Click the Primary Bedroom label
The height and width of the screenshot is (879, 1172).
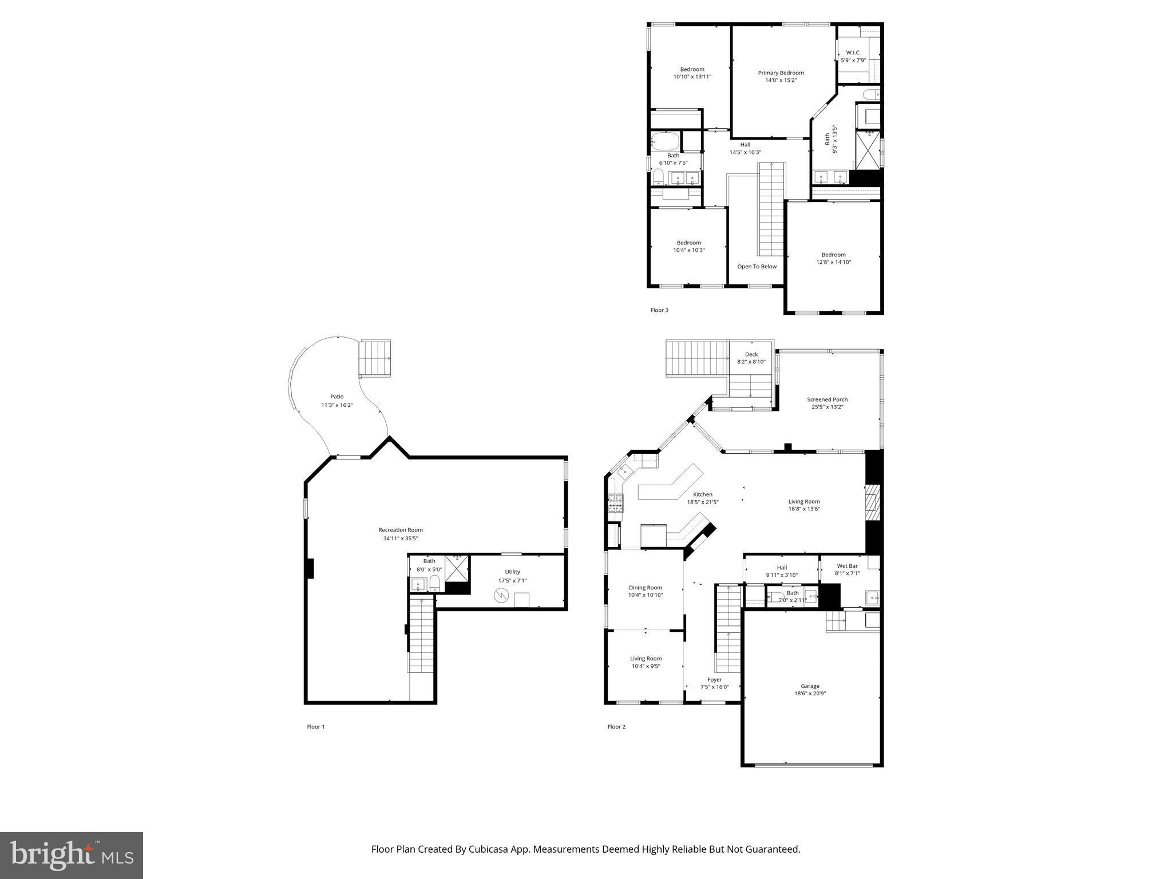click(781, 73)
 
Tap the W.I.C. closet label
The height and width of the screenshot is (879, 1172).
click(853, 53)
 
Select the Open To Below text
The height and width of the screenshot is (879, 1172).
click(757, 267)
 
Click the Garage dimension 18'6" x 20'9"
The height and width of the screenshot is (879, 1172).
click(810, 693)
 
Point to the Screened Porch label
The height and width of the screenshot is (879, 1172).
click(827, 399)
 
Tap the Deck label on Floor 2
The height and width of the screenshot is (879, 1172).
click(751, 354)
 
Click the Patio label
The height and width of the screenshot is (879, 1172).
click(336, 397)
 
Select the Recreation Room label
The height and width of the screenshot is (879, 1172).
click(400, 530)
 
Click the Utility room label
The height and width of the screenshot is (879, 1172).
click(512, 572)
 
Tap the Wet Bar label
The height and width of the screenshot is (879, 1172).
click(847, 566)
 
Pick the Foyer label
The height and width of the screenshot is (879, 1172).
click(714, 680)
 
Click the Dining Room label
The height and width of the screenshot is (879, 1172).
click(645, 588)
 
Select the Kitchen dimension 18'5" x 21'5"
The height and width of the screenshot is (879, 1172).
click(702, 502)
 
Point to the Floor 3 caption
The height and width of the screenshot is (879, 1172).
click(659, 310)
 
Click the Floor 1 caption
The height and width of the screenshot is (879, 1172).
click(315, 727)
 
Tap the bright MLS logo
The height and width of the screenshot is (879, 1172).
click(72, 854)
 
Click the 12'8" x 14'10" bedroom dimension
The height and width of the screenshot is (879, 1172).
click(833, 262)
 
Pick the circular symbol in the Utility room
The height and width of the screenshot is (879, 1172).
click(501, 596)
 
